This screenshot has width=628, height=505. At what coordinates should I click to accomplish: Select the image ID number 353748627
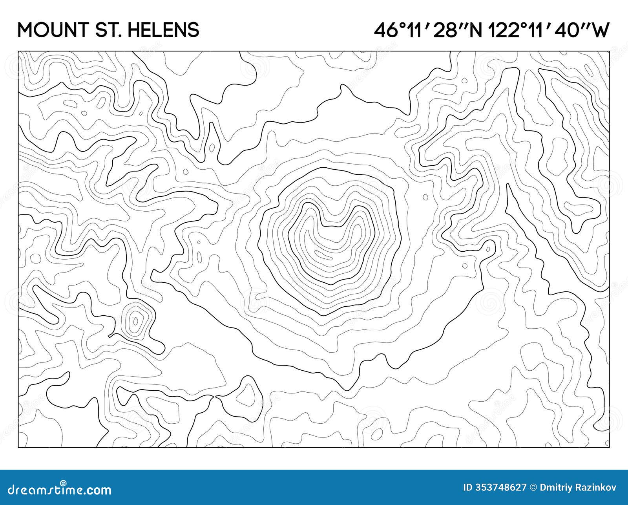coord(501,488)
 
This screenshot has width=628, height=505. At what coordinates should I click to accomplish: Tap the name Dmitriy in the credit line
coord(553,488)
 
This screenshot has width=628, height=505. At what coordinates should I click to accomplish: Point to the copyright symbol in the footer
coord(533,488)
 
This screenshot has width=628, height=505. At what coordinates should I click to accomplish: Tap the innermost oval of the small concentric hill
coord(136,322)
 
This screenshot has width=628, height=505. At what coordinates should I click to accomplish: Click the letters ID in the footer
coord(468,488)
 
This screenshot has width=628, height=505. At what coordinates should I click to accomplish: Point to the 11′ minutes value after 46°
coord(415,30)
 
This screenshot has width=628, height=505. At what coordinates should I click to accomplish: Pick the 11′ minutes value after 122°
coord(535,30)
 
